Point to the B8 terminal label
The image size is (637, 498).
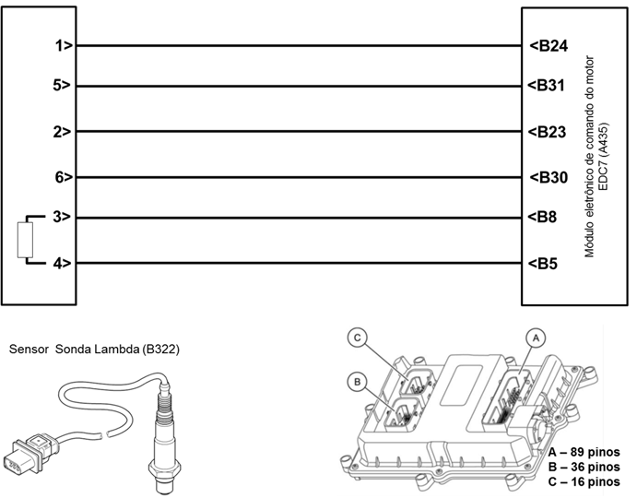point(545,218)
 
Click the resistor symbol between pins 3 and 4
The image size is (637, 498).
point(26,241)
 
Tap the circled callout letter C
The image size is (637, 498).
point(358,338)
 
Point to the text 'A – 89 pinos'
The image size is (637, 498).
point(583,453)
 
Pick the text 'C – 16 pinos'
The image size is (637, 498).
point(583,480)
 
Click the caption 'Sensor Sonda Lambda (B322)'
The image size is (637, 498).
point(93,350)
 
